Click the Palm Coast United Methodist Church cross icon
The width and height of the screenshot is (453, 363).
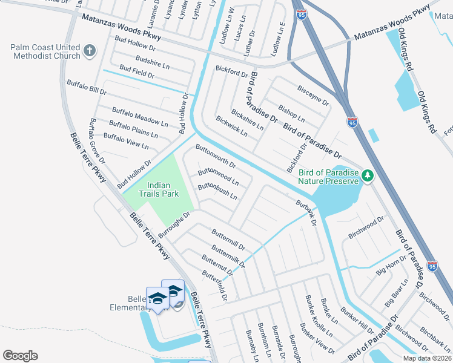89,50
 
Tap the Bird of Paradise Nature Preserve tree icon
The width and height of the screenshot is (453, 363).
367,175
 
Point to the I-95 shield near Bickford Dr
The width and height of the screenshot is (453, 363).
352,122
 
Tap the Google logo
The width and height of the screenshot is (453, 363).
20,355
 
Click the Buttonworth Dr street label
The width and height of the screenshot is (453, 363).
215,156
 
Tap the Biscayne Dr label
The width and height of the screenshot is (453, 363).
312,93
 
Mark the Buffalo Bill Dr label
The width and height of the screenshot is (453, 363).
87,87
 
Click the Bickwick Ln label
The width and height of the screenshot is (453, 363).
232,126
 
